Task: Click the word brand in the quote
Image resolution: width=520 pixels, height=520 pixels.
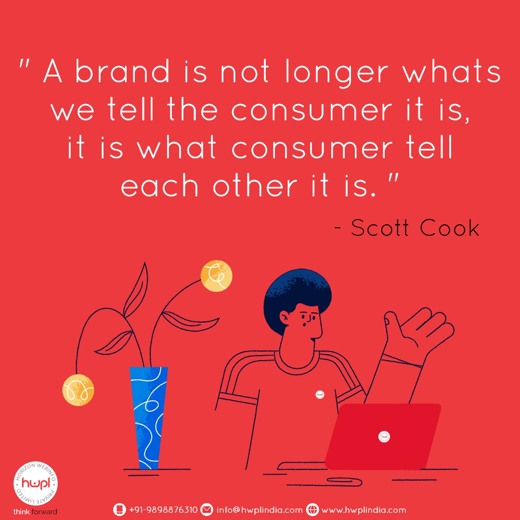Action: tap(122, 71)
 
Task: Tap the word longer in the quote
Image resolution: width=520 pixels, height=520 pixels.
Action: tap(336, 74)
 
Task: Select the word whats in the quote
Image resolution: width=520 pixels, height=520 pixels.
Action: tap(451, 71)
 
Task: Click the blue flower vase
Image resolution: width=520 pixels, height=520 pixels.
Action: tap(149, 418)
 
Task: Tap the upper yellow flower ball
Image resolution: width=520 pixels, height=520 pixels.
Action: tap(217, 276)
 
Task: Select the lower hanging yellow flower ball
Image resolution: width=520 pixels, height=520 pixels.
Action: tap(78, 390)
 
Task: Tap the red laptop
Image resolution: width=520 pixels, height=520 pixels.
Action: tap(383, 436)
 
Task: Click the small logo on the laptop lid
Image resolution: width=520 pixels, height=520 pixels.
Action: tap(384, 437)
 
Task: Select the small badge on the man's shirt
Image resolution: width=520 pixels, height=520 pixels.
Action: tap(320, 394)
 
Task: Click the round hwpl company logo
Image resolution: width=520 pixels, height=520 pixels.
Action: tap(36, 483)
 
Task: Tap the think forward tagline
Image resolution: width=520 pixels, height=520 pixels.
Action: tap(35, 512)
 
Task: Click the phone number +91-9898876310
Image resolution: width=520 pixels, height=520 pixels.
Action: tap(163, 510)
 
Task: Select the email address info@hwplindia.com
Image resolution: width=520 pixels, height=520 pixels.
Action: tap(260, 510)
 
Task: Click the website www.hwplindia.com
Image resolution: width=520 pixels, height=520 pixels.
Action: tap(364, 510)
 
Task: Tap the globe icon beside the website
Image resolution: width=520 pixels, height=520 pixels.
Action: tap(312, 510)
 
